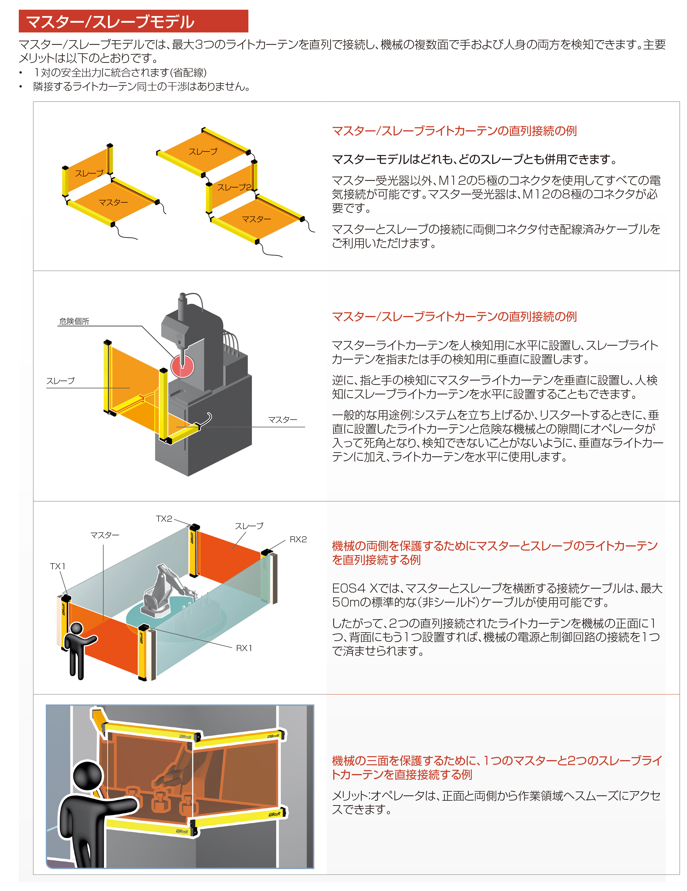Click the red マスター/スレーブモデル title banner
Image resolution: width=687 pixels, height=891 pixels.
pyautogui.click(x=133, y=21)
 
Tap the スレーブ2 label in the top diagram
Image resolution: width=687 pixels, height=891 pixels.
pyautogui.click(x=233, y=187)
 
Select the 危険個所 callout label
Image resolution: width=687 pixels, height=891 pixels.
pyautogui.click(x=74, y=321)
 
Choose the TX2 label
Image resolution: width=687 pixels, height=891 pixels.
pyautogui.click(x=164, y=519)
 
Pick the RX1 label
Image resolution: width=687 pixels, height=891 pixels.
pyautogui.click(x=244, y=648)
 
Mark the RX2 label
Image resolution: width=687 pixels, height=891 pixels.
pyautogui.click(x=298, y=539)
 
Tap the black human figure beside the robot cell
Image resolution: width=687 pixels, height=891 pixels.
pyautogui.click(x=78, y=649)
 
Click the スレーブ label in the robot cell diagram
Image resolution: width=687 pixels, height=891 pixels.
pyautogui.click(x=249, y=526)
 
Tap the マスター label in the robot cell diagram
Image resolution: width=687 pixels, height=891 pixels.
pyautogui.click(x=105, y=535)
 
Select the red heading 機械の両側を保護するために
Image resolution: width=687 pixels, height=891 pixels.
pyautogui.click(x=494, y=552)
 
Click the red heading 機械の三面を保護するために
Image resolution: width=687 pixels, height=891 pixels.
pyautogui.click(x=496, y=767)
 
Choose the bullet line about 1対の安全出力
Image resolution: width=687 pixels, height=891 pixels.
pyautogui.click(x=120, y=73)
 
